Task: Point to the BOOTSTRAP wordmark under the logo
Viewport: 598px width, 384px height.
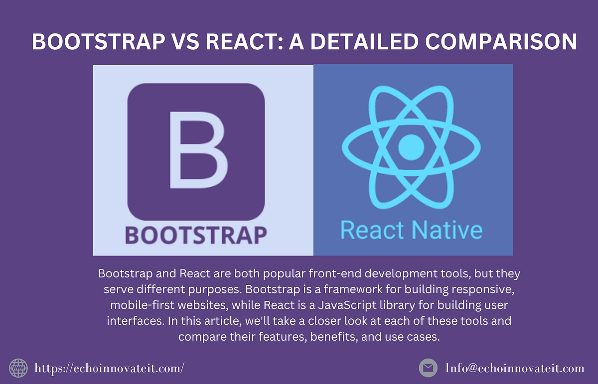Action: coord(196,234)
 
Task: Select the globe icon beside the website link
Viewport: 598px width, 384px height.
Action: coord(18,368)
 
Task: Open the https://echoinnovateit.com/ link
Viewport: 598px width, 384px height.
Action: coord(110,369)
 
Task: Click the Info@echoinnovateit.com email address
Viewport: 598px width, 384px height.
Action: coord(514,369)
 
